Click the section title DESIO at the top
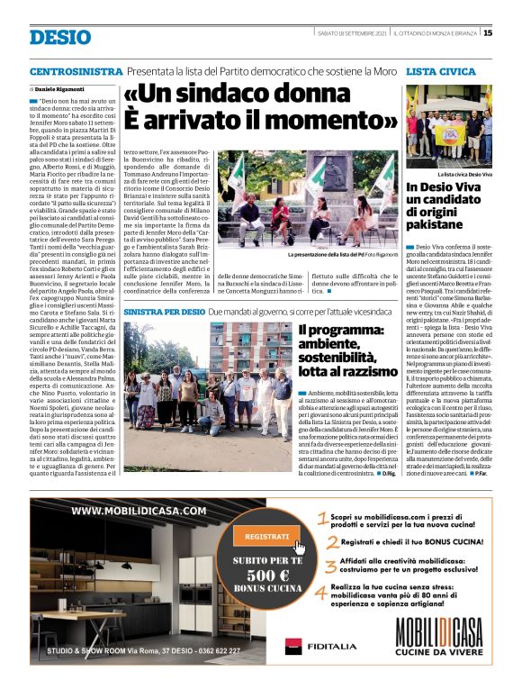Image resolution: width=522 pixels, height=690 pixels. click(60, 37)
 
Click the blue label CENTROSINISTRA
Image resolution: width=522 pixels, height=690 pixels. click(76, 71)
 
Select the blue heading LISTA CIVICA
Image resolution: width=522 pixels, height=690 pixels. click(441, 71)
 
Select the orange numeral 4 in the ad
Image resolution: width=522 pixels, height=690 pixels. click(321, 595)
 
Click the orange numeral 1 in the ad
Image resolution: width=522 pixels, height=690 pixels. click(321, 518)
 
